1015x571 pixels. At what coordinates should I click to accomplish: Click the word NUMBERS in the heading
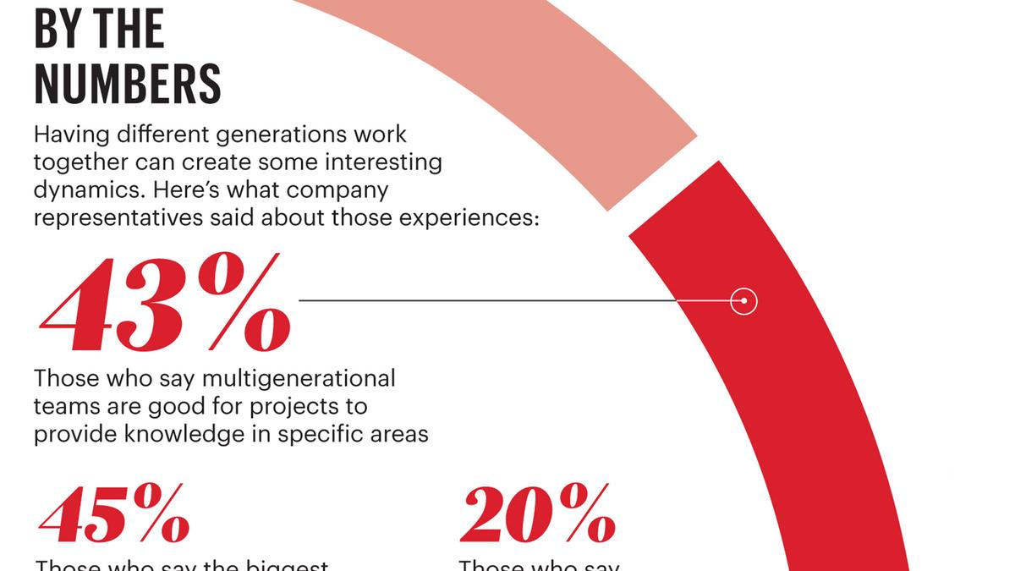128,85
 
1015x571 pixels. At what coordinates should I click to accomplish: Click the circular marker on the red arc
743,301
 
